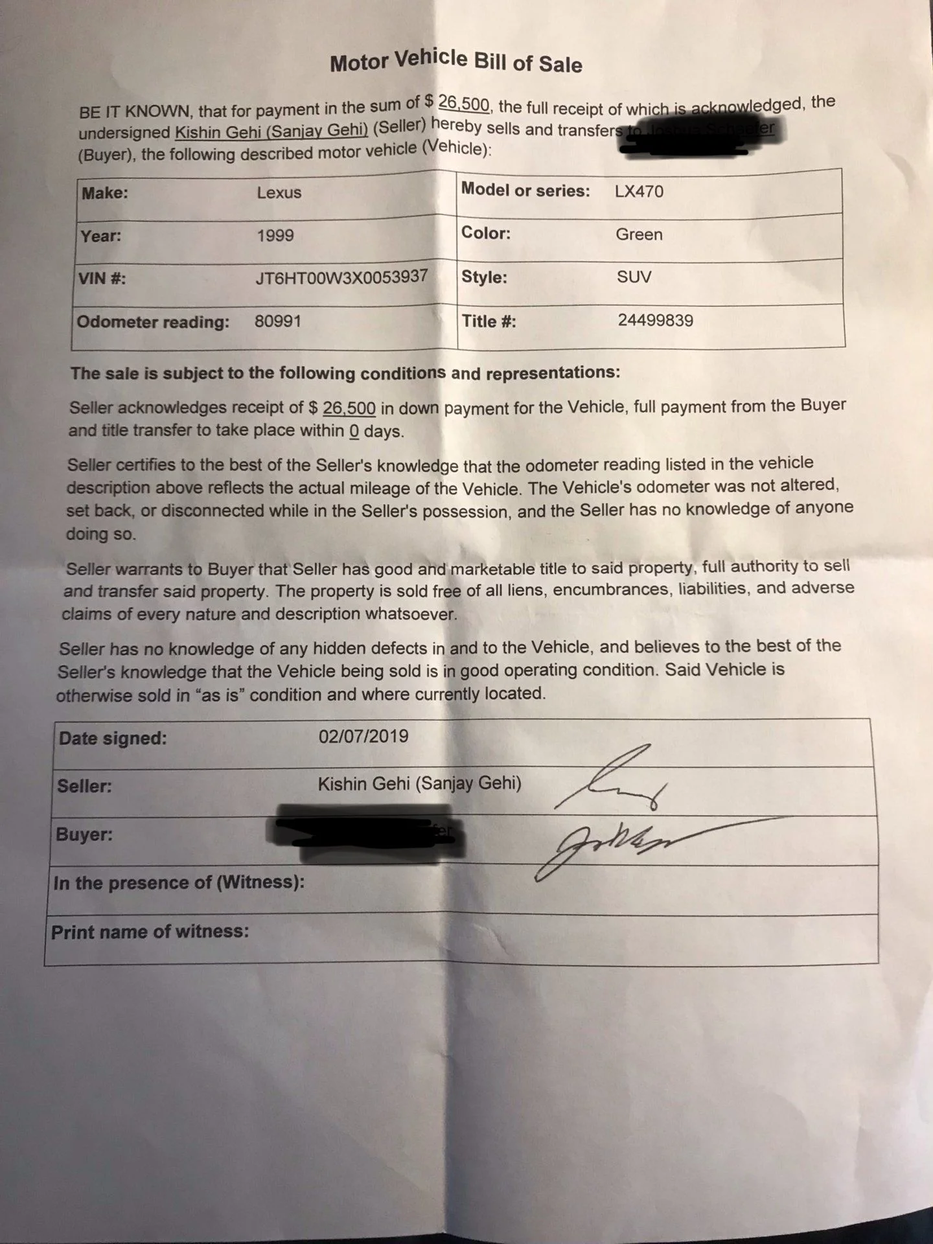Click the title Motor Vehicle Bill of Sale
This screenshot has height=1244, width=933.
point(455,62)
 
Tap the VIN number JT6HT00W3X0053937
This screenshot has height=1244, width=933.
point(341,277)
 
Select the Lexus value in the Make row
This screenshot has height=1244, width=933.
point(279,192)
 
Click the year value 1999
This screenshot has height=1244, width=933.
point(275,235)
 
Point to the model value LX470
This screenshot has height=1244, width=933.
point(639,191)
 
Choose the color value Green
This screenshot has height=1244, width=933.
point(639,234)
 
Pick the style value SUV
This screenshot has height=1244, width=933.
point(634,277)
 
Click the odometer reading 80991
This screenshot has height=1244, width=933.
point(277,321)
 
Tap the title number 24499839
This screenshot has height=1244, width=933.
point(655,320)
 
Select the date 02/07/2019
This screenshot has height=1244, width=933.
point(363,736)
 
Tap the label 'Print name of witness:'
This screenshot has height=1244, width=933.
point(150,932)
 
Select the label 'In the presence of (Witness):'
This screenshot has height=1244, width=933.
point(179,882)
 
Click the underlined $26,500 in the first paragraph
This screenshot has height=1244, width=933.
point(464,104)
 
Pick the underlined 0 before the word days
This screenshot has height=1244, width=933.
point(354,431)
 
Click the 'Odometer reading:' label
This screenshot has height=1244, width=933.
point(153,322)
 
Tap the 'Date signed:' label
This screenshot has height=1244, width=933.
point(113,738)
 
